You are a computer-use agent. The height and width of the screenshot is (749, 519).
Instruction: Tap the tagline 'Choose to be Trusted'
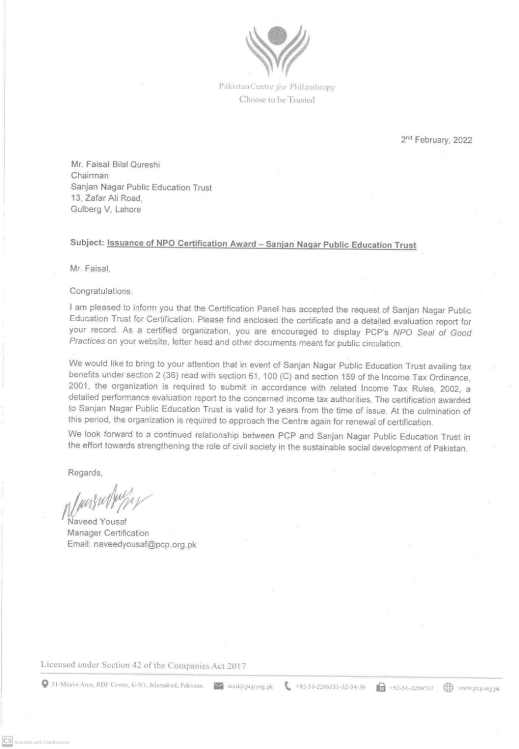coord(277,100)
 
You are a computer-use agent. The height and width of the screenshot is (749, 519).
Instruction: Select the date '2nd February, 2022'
coord(436,140)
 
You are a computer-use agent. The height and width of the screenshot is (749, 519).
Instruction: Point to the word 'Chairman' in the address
coord(89,177)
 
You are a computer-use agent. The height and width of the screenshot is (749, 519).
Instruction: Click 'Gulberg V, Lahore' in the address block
coord(105,209)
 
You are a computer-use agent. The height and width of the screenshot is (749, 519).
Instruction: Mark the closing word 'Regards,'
coord(86,472)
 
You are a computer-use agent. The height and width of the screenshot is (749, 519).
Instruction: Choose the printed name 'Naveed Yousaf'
coord(97,522)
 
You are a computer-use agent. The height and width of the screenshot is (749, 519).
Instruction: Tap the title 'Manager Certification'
coord(108,533)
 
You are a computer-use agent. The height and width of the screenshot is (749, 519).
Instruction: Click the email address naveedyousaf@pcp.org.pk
coord(132,544)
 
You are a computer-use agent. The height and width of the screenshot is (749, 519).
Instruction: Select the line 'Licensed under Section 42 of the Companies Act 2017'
coord(143,665)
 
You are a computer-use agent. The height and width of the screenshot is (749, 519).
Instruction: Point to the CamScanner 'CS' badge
coord(8,741)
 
